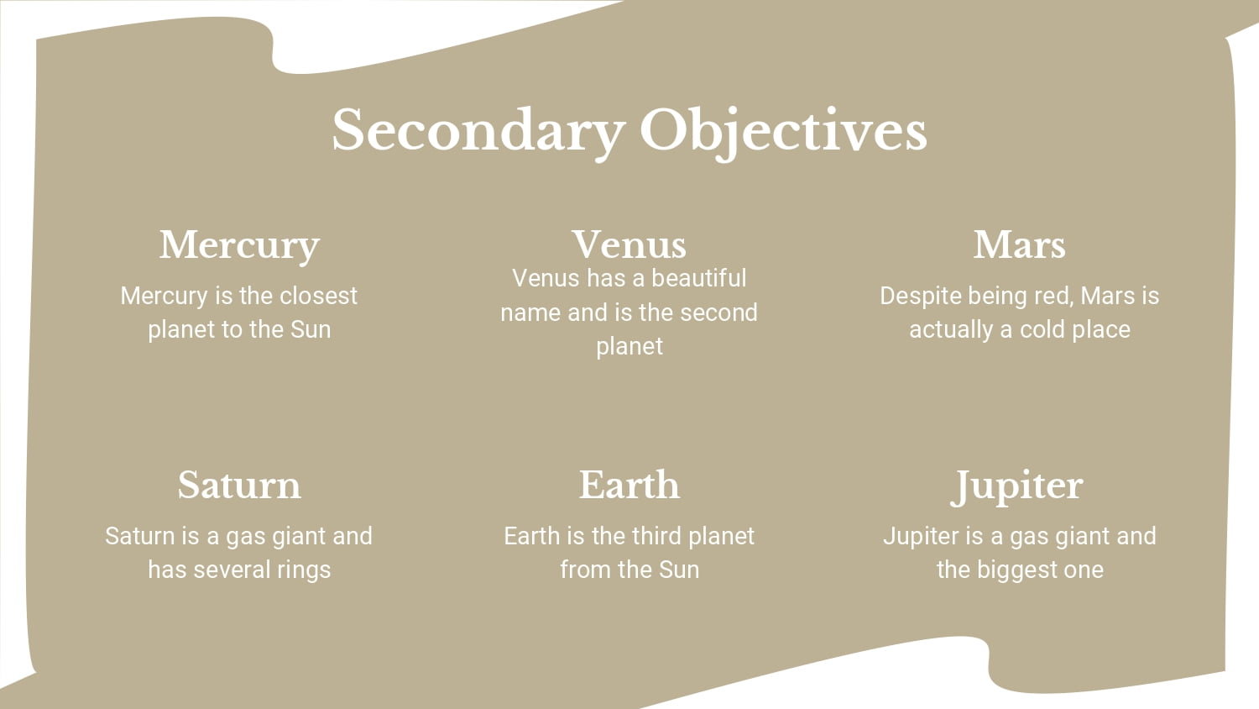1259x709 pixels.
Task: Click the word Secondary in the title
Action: (479, 132)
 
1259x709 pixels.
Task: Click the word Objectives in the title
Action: (783, 132)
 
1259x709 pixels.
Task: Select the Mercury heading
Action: (239, 246)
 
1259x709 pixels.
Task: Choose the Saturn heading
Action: (239, 485)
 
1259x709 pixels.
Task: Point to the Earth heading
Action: (629, 485)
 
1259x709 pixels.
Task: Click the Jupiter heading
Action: (1016, 486)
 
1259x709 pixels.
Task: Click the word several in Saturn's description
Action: (225, 570)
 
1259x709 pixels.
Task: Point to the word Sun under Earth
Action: (679, 570)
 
